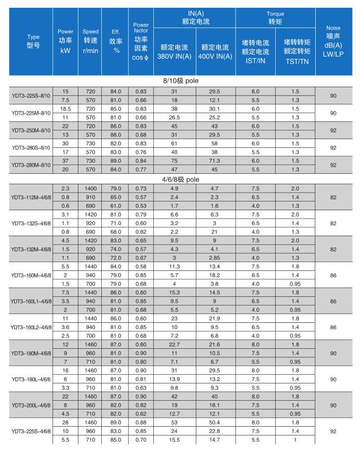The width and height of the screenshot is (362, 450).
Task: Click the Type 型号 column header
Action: pyautogui.click(x=33, y=41)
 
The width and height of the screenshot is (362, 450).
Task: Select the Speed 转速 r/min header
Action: pyautogui.click(x=90, y=41)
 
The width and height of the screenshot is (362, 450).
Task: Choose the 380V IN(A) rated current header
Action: pyautogui.click(x=174, y=51)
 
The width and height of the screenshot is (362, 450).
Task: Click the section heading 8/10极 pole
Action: pyautogui.click(x=181, y=81)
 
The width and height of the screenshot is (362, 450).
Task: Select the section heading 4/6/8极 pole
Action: pyautogui.click(x=181, y=179)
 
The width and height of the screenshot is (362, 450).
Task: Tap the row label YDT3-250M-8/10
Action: pyautogui.click(x=31, y=130)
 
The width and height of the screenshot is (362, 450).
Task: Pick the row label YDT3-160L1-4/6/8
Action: pyautogui.click(x=31, y=301)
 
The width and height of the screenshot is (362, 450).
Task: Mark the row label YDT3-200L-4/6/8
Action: pyautogui.click(x=31, y=403)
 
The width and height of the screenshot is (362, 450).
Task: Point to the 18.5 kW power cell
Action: pyautogui.click(x=65, y=109)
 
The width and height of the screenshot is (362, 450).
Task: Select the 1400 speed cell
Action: pyautogui.click(x=90, y=188)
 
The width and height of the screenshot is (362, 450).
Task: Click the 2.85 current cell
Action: pyautogui.click(x=214, y=257)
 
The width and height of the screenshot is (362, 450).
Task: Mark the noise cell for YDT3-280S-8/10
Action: pyautogui.click(x=333, y=147)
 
